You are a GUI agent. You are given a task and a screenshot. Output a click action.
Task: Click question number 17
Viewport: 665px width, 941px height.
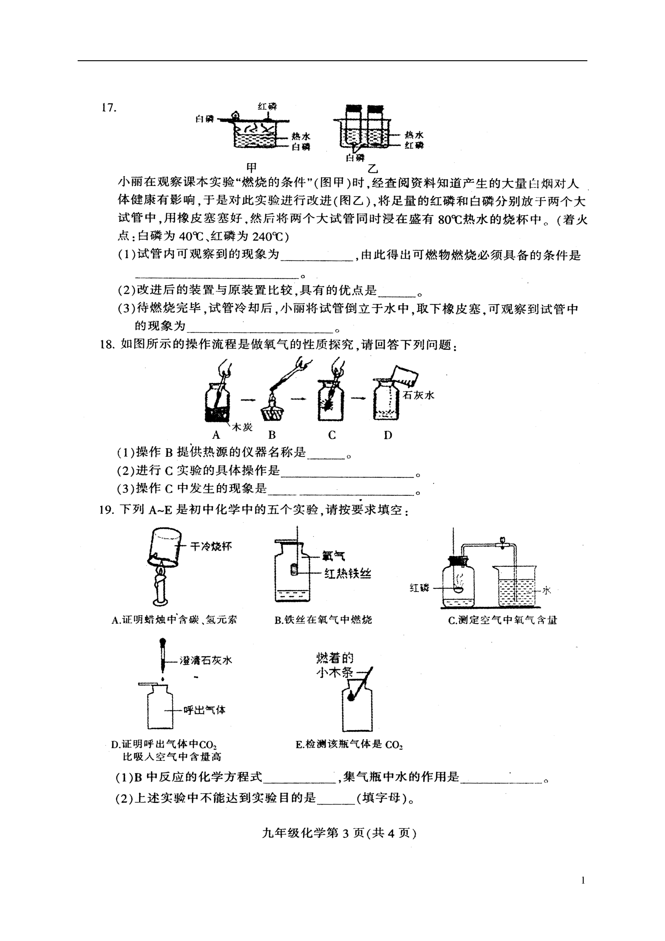tap(109, 108)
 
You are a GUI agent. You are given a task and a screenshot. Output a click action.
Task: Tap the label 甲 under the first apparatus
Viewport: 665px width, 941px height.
tap(252, 167)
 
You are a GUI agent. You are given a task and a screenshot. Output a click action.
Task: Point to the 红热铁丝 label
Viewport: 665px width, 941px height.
tap(348, 573)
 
